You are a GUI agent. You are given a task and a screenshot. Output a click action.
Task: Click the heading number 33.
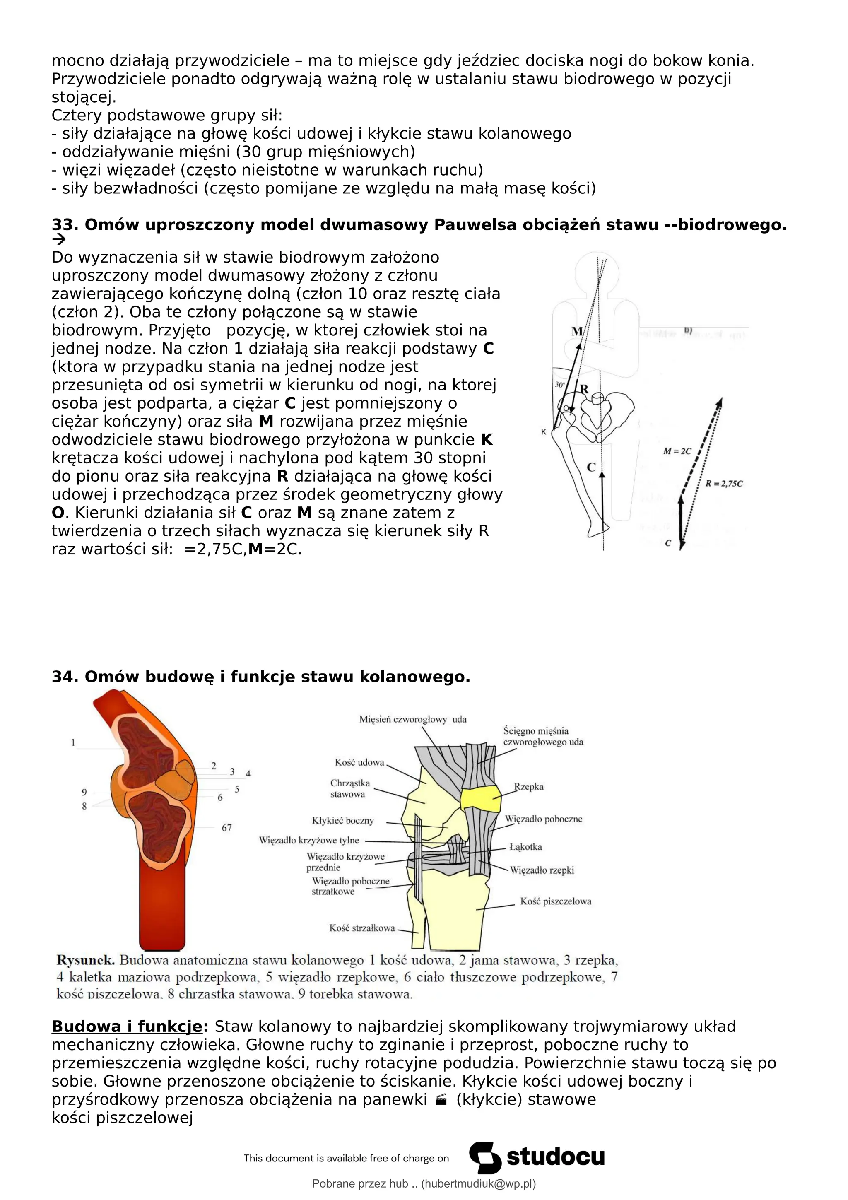pos(64,225)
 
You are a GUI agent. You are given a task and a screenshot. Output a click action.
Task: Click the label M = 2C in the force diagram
pos(677,451)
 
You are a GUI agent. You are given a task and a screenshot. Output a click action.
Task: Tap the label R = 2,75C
pos(724,484)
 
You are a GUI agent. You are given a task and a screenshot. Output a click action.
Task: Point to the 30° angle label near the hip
pos(559,385)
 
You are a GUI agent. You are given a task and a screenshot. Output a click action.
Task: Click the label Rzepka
pos(529,787)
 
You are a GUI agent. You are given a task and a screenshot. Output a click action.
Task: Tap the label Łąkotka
pos(525,847)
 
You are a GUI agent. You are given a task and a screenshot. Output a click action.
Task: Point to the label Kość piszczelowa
pos(555,901)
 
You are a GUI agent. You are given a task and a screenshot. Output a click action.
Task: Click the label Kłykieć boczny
pos(343,821)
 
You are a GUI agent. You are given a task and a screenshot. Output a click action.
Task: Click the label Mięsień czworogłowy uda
pos(413,719)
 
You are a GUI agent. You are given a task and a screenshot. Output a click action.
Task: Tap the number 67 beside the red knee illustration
pos(226,828)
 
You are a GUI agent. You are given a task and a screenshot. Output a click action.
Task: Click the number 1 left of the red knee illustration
pos(73,742)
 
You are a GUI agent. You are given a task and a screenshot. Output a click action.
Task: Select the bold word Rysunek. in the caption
pos(85,960)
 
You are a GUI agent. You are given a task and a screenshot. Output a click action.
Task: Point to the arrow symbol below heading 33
pos(59,240)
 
